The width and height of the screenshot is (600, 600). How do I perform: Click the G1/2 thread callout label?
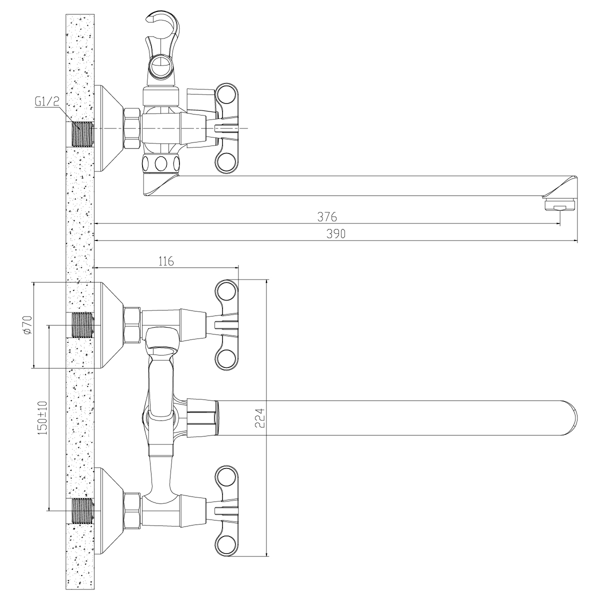pos(46,101)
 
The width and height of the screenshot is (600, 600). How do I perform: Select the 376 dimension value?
pos(327,216)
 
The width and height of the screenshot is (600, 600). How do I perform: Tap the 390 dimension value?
pos(336,233)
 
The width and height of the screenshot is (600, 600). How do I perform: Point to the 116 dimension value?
pos(166,261)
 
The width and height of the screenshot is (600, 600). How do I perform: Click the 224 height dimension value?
pos(260,418)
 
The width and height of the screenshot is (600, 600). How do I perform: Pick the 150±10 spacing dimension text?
pos(42,417)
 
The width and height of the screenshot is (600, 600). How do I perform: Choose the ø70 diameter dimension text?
pos(27,325)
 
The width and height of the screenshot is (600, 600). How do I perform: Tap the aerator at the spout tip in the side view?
pos(560,206)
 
